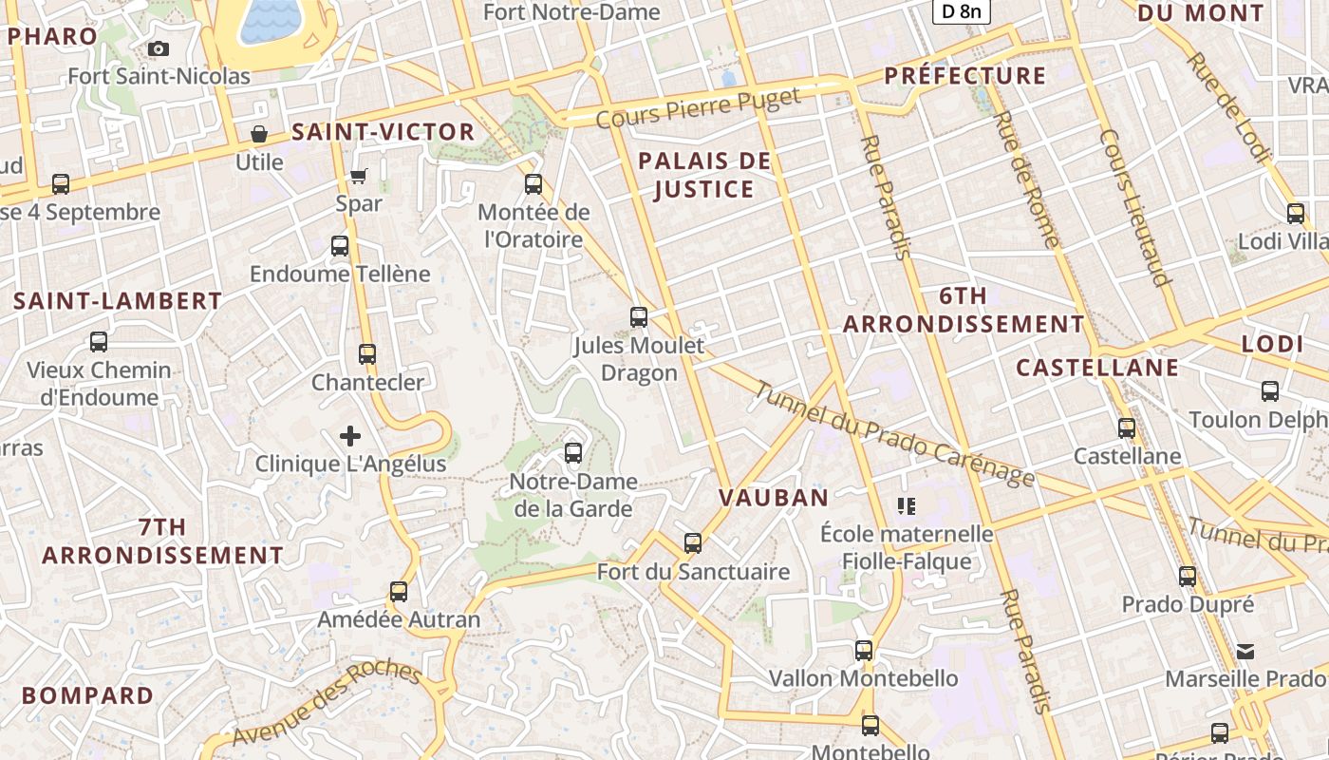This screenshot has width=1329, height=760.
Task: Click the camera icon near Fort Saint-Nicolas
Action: click(159, 48)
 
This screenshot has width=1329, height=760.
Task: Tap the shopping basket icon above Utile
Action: click(258, 134)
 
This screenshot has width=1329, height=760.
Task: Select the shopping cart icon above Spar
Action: click(359, 176)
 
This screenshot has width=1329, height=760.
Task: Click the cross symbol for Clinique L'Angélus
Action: click(350, 436)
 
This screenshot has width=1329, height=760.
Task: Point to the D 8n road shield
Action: click(961, 11)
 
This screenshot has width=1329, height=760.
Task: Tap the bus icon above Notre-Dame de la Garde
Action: click(573, 453)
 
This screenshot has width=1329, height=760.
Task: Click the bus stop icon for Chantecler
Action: click(367, 354)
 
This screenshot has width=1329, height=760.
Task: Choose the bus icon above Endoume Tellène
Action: click(340, 246)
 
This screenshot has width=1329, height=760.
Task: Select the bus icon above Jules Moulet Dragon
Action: click(639, 317)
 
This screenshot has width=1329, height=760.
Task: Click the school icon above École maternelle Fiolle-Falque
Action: click(907, 505)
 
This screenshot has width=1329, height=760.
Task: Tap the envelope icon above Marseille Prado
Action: click(1245, 652)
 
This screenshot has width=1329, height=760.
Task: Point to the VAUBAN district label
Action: click(774, 497)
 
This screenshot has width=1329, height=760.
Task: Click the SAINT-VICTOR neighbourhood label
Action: click(383, 132)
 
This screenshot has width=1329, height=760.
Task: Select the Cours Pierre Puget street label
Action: click(698, 108)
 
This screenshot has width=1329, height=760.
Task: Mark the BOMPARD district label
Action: click(87, 695)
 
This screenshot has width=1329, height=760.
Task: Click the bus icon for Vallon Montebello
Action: click(864, 651)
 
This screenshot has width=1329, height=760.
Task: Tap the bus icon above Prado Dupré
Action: click(1188, 576)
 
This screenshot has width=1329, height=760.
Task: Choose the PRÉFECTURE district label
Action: click(964, 76)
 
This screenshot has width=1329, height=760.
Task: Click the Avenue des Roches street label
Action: click(326, 704)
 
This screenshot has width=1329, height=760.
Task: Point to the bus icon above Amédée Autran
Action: click(399, 592)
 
